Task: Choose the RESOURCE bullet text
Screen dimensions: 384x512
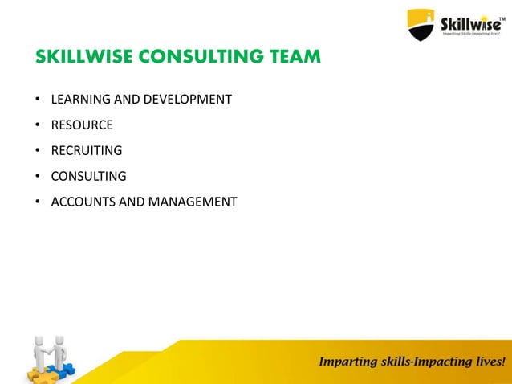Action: coord(82,125)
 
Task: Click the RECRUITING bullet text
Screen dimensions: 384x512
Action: coord(87,150)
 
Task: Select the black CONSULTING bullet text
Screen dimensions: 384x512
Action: coord(89,176)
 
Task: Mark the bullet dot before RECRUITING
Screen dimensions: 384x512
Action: coord(37,151)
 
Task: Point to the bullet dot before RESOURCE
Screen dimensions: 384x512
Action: coord(37,125)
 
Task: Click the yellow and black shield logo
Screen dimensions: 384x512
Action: coord(421,23)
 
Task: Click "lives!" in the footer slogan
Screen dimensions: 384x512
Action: coord(488,362)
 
